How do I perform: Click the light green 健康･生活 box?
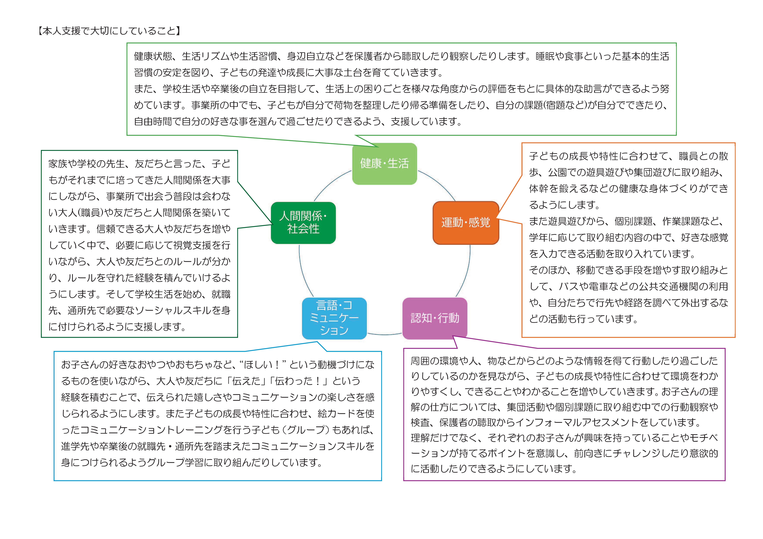[x=384, y=164]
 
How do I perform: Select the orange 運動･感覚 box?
[x=466, y=223]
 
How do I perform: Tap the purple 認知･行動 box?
[x=435, y=318]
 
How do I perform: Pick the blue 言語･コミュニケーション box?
[x=334, y=318]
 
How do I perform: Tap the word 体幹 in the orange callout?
[x=539, y=188]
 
